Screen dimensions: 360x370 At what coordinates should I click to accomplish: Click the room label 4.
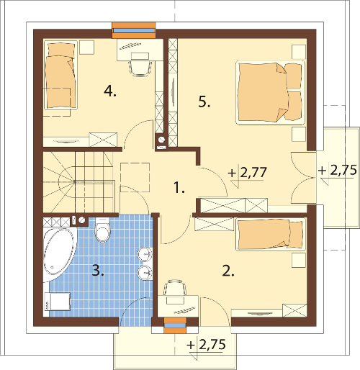[110, 91]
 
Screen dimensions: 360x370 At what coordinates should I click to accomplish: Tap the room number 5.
[204, 102]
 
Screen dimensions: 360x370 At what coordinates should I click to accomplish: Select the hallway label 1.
[179, 188]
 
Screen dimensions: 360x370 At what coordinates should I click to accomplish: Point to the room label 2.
[228, 271]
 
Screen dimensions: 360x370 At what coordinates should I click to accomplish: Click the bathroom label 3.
[98, 271]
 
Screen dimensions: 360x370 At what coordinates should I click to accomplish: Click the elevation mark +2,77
[248, 173]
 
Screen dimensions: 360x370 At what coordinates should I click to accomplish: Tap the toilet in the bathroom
[103, 229]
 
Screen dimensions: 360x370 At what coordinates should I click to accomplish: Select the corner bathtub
[60, 254]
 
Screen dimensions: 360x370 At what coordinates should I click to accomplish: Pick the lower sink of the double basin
[145, 273]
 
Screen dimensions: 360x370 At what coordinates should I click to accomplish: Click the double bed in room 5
[271, 93]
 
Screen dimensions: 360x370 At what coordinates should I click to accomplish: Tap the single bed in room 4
[60, 75]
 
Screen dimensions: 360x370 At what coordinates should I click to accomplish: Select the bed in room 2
[271, 235]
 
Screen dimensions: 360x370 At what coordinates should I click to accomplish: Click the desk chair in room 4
[140, 68]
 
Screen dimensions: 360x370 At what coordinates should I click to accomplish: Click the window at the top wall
[134, 30]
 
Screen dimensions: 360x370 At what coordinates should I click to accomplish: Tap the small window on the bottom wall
[175, 325]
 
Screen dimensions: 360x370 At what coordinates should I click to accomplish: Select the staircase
[78, 182]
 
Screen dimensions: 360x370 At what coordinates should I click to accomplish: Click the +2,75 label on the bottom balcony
[207, 345]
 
